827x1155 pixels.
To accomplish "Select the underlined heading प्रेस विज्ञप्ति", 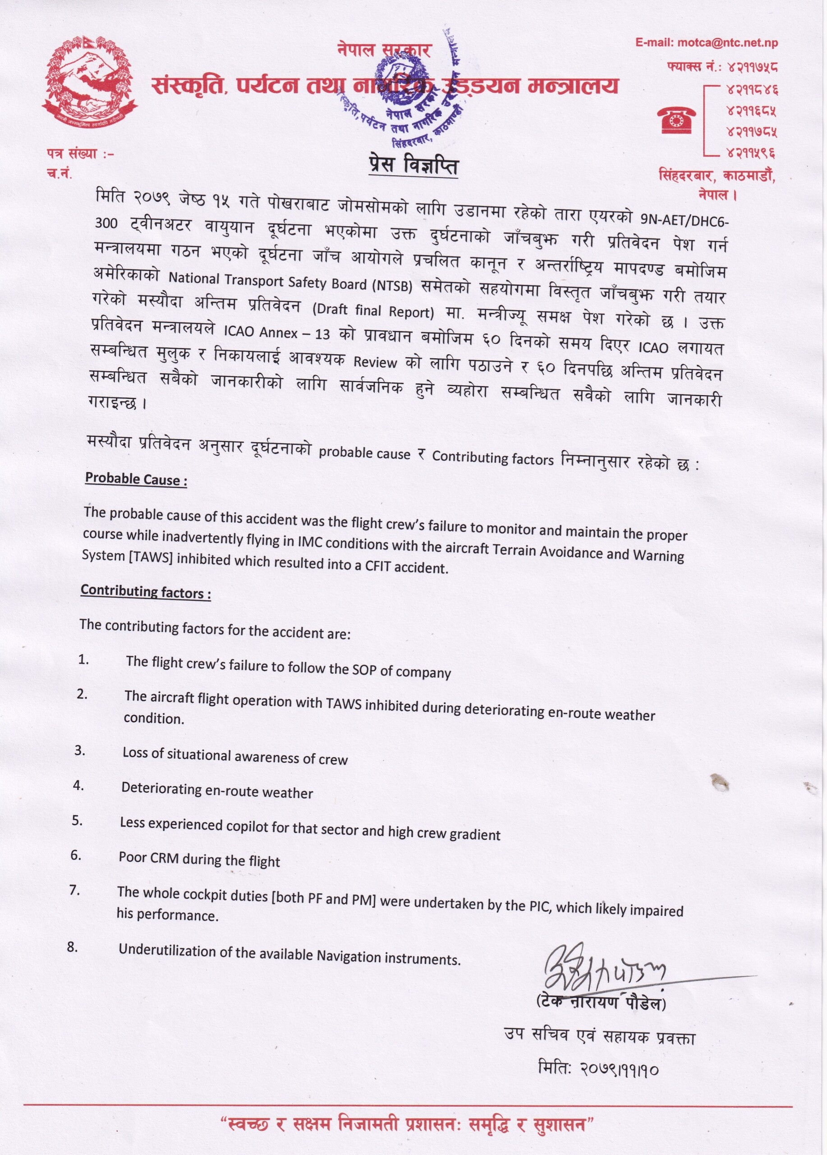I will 413,166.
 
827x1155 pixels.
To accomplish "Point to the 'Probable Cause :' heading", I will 136,479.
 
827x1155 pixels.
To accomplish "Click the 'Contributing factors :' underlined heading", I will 146,592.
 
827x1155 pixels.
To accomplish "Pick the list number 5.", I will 77,820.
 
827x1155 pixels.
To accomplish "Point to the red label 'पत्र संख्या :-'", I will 80,153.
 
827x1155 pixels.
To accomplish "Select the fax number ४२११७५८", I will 752,67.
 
